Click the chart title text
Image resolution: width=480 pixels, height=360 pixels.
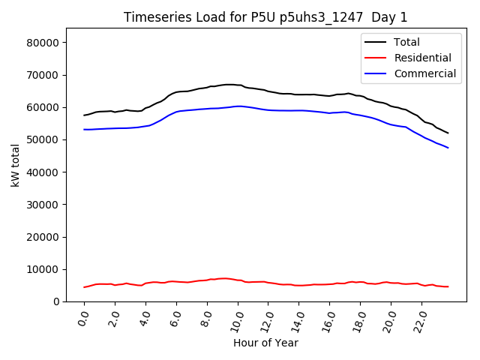[266, 17]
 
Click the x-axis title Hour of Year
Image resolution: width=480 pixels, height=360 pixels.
[265, 343]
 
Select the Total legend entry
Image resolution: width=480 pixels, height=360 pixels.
[406, 42]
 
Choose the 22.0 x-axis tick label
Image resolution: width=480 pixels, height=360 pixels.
[419, 319]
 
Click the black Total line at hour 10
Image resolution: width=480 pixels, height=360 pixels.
[238, 85]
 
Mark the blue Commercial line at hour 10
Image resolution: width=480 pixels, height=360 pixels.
[238, 106]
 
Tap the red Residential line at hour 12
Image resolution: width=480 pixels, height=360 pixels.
[268, 283]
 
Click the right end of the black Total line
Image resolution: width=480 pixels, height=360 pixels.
[448, 133]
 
